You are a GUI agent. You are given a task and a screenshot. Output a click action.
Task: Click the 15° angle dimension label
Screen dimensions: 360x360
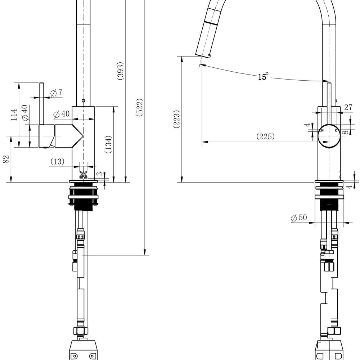tap(263, 76)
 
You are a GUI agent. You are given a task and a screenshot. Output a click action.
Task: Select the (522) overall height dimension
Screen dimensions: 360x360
tap(140, 107)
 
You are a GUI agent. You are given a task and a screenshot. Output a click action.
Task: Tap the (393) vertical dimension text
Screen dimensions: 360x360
tap(120, 71)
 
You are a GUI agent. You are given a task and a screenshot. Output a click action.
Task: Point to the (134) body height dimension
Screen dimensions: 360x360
tap(108, 144)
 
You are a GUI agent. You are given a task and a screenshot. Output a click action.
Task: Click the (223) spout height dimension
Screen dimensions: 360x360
tap(176, 119)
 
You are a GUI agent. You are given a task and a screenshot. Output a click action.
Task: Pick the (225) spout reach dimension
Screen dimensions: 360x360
tap(265, 136)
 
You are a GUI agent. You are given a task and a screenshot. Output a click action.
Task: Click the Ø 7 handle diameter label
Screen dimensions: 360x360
tap(56, 93)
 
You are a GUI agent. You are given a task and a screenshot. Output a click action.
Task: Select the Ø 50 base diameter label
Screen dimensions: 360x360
tap(299, 218)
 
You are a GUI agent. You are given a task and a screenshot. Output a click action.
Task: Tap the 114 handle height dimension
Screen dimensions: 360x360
tap(14, 114)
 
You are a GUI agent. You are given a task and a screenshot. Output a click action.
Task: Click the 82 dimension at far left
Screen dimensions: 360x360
tap(6, 159)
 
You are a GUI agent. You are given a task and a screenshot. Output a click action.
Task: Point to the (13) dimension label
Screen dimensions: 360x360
tap(57, 161)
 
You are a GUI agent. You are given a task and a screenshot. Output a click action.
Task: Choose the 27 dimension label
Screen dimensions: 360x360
tap(348, 107)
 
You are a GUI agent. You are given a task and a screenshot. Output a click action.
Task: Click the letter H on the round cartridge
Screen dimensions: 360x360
tap(322, 130)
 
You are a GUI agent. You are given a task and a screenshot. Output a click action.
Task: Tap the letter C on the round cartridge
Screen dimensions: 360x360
tap(336, 130)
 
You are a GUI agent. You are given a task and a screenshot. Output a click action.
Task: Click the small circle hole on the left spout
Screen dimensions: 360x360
tap(84, 100)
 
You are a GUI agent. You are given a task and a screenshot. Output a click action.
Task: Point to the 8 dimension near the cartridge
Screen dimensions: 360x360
tap(345, 132)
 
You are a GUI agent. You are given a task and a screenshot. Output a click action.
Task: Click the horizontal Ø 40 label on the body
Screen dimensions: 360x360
tap(61, 114)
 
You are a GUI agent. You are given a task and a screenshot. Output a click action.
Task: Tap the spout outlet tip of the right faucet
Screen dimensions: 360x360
tap(202, 56)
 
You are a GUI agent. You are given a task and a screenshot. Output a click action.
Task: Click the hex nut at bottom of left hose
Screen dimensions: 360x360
tap(81, 331)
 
